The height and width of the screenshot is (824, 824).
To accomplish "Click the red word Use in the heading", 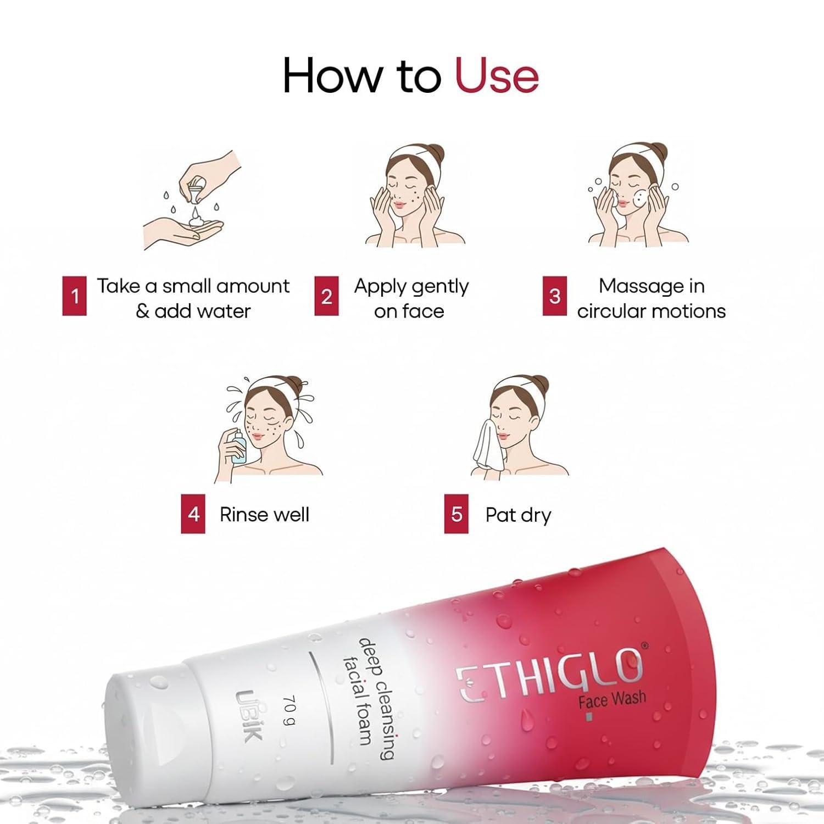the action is point(497,75).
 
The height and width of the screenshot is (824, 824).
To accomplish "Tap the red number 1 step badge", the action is point(75,296).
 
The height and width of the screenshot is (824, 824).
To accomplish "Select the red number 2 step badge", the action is point(326,296).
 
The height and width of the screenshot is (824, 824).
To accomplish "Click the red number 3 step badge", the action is point(555,296).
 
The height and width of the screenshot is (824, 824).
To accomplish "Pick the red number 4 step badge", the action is point(193,514).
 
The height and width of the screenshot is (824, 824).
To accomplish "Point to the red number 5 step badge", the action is point(456,514).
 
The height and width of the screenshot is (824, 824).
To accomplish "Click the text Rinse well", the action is point(264,515).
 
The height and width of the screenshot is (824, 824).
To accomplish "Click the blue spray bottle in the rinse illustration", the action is point(238,447).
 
